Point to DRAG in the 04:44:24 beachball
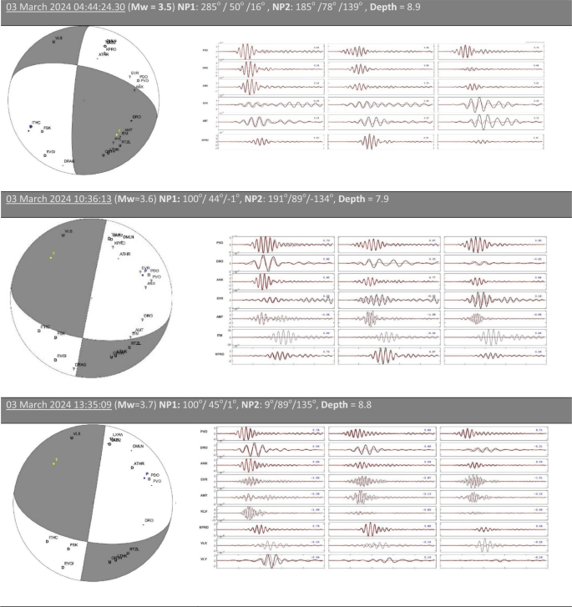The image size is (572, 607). click(69, 161)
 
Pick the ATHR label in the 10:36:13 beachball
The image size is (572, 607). click(125, 254)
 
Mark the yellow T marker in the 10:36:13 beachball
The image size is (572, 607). click(53, 254)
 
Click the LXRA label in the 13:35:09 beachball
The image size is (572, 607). click(118, 435)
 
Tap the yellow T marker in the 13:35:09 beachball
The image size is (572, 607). click(56, 460)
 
